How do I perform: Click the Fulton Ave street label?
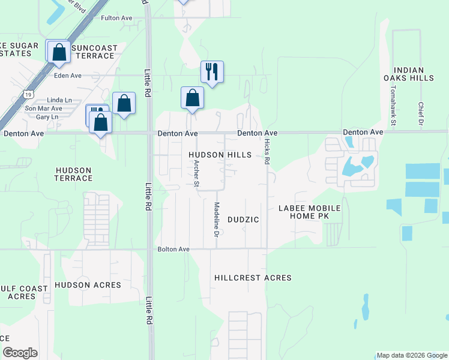click(x=116, y=18)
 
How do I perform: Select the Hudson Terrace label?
click(x=74, y=174)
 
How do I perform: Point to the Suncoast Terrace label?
click(x=92, y=52)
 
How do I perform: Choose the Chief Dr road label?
click(x=421, y=113)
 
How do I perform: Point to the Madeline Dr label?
click(x=216, y=218)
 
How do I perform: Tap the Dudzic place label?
click(x=244, y=220)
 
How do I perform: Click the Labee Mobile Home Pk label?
click(x=309, y=212)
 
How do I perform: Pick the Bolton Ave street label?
click(x=173, y=249)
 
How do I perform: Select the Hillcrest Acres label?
click(x=253, y=278)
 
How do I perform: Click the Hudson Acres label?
click(x=88, y=285)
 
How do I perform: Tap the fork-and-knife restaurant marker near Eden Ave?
click(x=212, y=71)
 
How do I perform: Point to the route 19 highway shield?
click(x=28, y=94)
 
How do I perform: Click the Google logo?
click(x=20, y=353)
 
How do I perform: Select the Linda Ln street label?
click(x=59, y=100)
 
